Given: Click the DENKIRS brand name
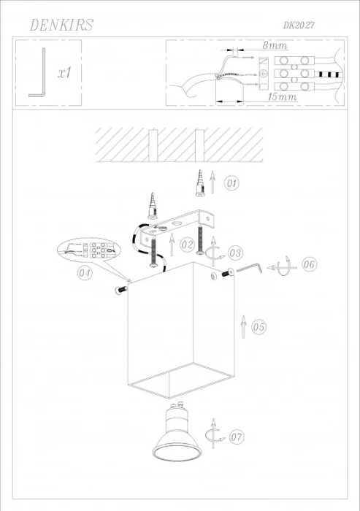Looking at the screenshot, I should tap(61, 26).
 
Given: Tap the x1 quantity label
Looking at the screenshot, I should tap(64, 73).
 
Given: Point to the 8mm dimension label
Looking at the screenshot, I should tap(275, 45).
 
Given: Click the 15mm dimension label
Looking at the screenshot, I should tap(281, 96).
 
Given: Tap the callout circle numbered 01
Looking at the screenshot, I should tap(231, 182).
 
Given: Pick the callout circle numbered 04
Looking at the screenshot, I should tap(84, 274).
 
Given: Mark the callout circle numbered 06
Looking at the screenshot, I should tap(308, 264).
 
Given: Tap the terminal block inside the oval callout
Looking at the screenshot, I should tap(93, 250).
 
